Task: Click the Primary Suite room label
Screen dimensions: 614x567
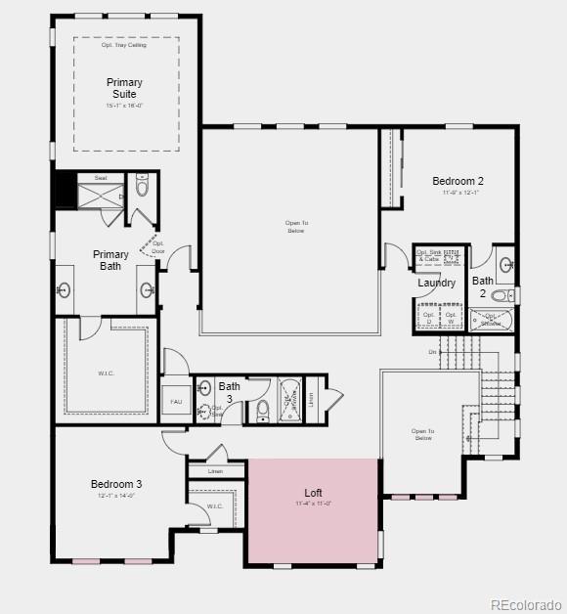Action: click(124, 88)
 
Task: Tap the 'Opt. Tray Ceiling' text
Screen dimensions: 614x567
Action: click(124, 45)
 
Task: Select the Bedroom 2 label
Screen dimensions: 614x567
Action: click(458, 181)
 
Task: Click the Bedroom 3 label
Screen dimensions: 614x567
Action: click(116, 484)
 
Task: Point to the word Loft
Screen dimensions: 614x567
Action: click(313, 493)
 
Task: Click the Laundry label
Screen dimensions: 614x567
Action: click(436, 283)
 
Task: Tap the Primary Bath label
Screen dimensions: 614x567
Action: click(110, 260)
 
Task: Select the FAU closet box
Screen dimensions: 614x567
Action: click(176, 401)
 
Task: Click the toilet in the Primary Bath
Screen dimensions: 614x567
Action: click(143, 189)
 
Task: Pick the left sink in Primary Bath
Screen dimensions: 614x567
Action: click(65, 289)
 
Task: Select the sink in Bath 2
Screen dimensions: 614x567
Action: click(505, 264)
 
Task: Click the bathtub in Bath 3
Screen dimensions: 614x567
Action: click(291, 400)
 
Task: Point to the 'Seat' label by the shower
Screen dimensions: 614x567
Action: click(101, 178)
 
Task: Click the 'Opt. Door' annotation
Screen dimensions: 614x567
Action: click(158, 247)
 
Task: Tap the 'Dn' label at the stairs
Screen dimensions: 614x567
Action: click(432, 352)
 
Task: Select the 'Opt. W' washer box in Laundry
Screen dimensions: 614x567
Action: click(451, 318)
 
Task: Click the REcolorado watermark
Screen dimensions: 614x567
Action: click(525, 603)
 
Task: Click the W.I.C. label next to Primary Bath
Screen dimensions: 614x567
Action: click(107, 373)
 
